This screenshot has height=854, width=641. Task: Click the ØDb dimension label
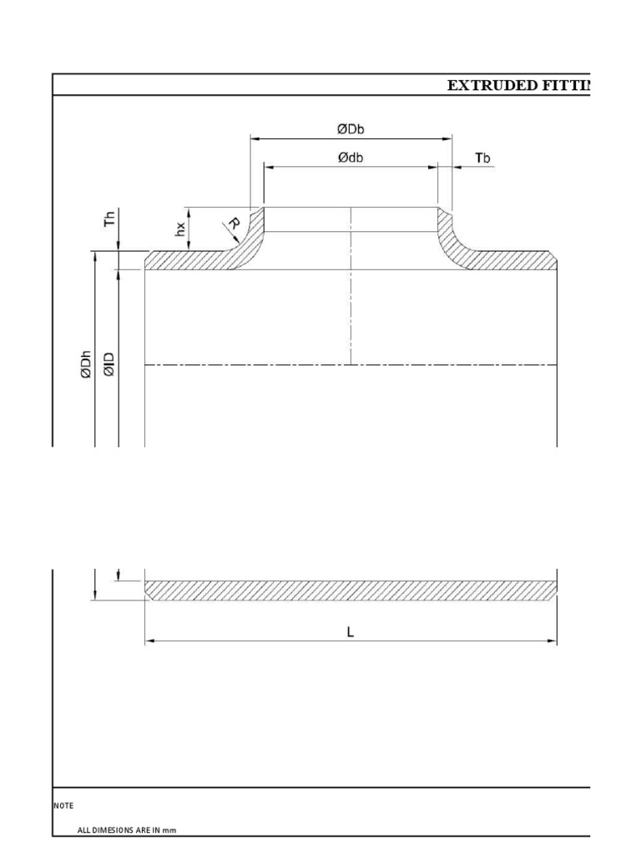(x=351, y=128)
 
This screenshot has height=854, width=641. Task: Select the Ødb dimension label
(x=351, y=157)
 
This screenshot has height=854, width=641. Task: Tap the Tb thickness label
(x=482, y=157)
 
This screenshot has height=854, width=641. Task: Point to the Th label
(x=108, y=221)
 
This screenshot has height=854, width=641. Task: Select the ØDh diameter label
(x=85, y=366)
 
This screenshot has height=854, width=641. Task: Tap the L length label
(x=351, y=632)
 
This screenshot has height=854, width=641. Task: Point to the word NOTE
(x=63, y=806)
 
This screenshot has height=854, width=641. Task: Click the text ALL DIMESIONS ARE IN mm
(x=127, y=831)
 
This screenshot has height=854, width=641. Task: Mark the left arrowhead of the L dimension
(x=151, y=640)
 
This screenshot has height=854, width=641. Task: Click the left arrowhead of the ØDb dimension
(x=255, y=138)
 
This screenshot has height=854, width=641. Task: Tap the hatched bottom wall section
(x=351, y=590)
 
